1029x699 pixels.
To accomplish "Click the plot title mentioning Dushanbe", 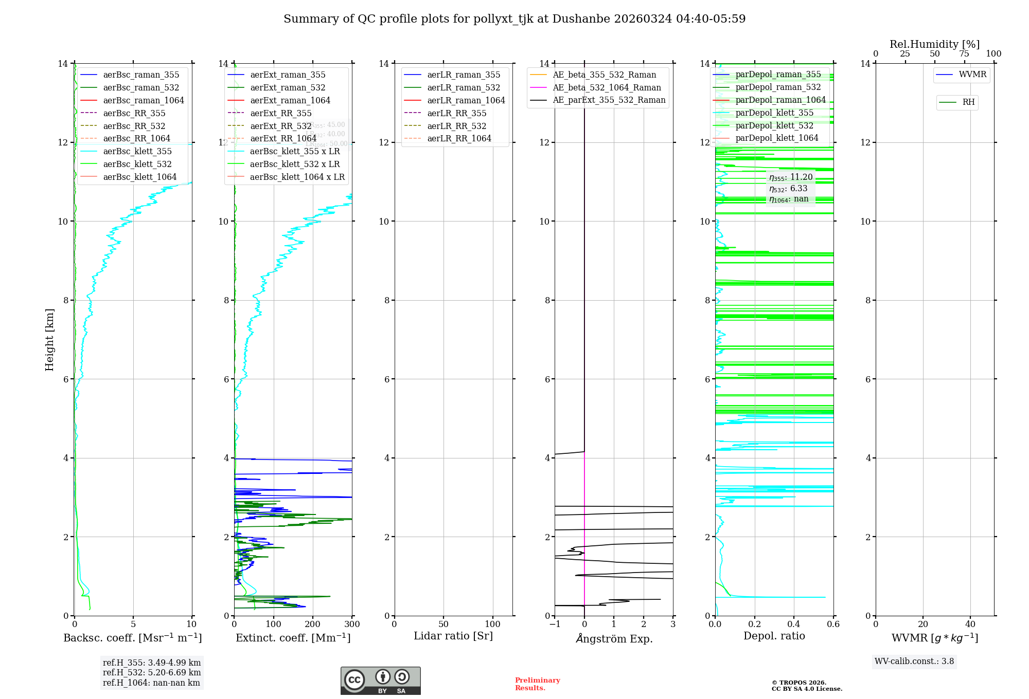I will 514,19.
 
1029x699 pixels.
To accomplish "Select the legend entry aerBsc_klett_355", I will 137,151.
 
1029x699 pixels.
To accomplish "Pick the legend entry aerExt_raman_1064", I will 290,100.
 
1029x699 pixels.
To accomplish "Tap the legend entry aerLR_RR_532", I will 456,126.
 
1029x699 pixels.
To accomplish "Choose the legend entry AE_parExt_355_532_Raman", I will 609,100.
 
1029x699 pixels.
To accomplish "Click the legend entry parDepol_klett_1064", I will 777,138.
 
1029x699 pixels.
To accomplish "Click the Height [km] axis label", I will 49,339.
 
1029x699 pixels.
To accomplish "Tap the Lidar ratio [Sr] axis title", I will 453,636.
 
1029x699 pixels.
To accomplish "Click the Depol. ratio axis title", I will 774,636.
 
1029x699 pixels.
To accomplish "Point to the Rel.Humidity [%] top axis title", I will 935,44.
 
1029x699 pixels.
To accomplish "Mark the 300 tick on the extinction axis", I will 352,624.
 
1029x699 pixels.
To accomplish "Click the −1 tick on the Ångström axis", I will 555,624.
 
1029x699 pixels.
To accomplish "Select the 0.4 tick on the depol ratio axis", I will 794,624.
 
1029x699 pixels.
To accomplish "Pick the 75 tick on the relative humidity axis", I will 964,53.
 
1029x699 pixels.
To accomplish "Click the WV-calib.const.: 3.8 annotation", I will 914,661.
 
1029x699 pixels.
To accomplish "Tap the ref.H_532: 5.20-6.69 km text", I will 152,672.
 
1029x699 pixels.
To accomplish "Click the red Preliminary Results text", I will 537,684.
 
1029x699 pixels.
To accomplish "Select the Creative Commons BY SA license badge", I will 381,681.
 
